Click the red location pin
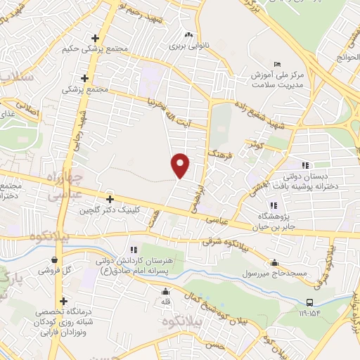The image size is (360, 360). [x=181, y=165]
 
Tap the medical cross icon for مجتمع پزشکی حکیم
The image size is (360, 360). [x=95, y=38]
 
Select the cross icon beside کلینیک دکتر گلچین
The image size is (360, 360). [x=108, y=199]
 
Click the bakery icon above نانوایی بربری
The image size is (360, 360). [x=187, y=35]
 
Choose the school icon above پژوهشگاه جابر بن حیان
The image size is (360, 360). [x=274, y=205]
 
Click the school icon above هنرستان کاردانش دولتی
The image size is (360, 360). [x=131, y=250]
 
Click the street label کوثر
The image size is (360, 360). [x=254, y=143]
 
